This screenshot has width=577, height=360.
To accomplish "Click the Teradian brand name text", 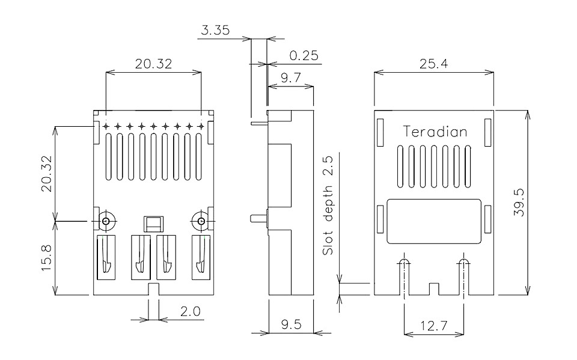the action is (435, 132).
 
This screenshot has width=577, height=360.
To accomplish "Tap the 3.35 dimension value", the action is (215, 30).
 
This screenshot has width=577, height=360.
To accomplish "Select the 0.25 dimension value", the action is (304, 55).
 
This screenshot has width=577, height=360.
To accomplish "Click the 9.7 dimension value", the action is (291, 78).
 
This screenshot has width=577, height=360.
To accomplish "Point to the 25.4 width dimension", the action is (434, 64).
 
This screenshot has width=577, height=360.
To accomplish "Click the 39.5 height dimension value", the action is (519, 203).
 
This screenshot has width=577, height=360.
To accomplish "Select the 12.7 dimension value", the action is (434, 326).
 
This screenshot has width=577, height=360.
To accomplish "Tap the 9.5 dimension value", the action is (291, 325).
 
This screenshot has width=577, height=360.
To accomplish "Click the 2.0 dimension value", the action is (191, 311).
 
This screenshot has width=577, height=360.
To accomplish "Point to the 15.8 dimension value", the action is (47, 258).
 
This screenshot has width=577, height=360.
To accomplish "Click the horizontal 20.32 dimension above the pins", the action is (153, 64).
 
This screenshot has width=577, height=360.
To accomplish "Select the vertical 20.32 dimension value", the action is (47, 173).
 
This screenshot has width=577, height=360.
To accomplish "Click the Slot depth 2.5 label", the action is (328, 206).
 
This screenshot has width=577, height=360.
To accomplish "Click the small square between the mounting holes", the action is (153, 224).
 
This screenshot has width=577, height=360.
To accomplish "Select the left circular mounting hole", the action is (106, 221).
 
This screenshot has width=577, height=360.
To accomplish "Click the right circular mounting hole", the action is (201, 221).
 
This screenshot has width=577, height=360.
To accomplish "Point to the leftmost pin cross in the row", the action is (106, 127).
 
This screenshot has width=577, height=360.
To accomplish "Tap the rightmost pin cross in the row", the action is (201, 127).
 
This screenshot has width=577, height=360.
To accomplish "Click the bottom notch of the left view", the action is (153, 289).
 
